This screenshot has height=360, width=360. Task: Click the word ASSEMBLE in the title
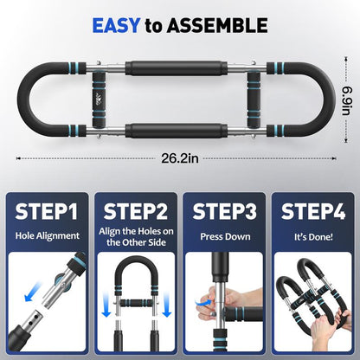point(222,26)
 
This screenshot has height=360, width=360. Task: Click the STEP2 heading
point(136,211)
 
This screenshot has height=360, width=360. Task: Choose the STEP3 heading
point(224,211)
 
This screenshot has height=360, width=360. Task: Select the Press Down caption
point(224,235)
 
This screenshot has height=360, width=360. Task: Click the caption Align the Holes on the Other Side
point(136,241)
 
